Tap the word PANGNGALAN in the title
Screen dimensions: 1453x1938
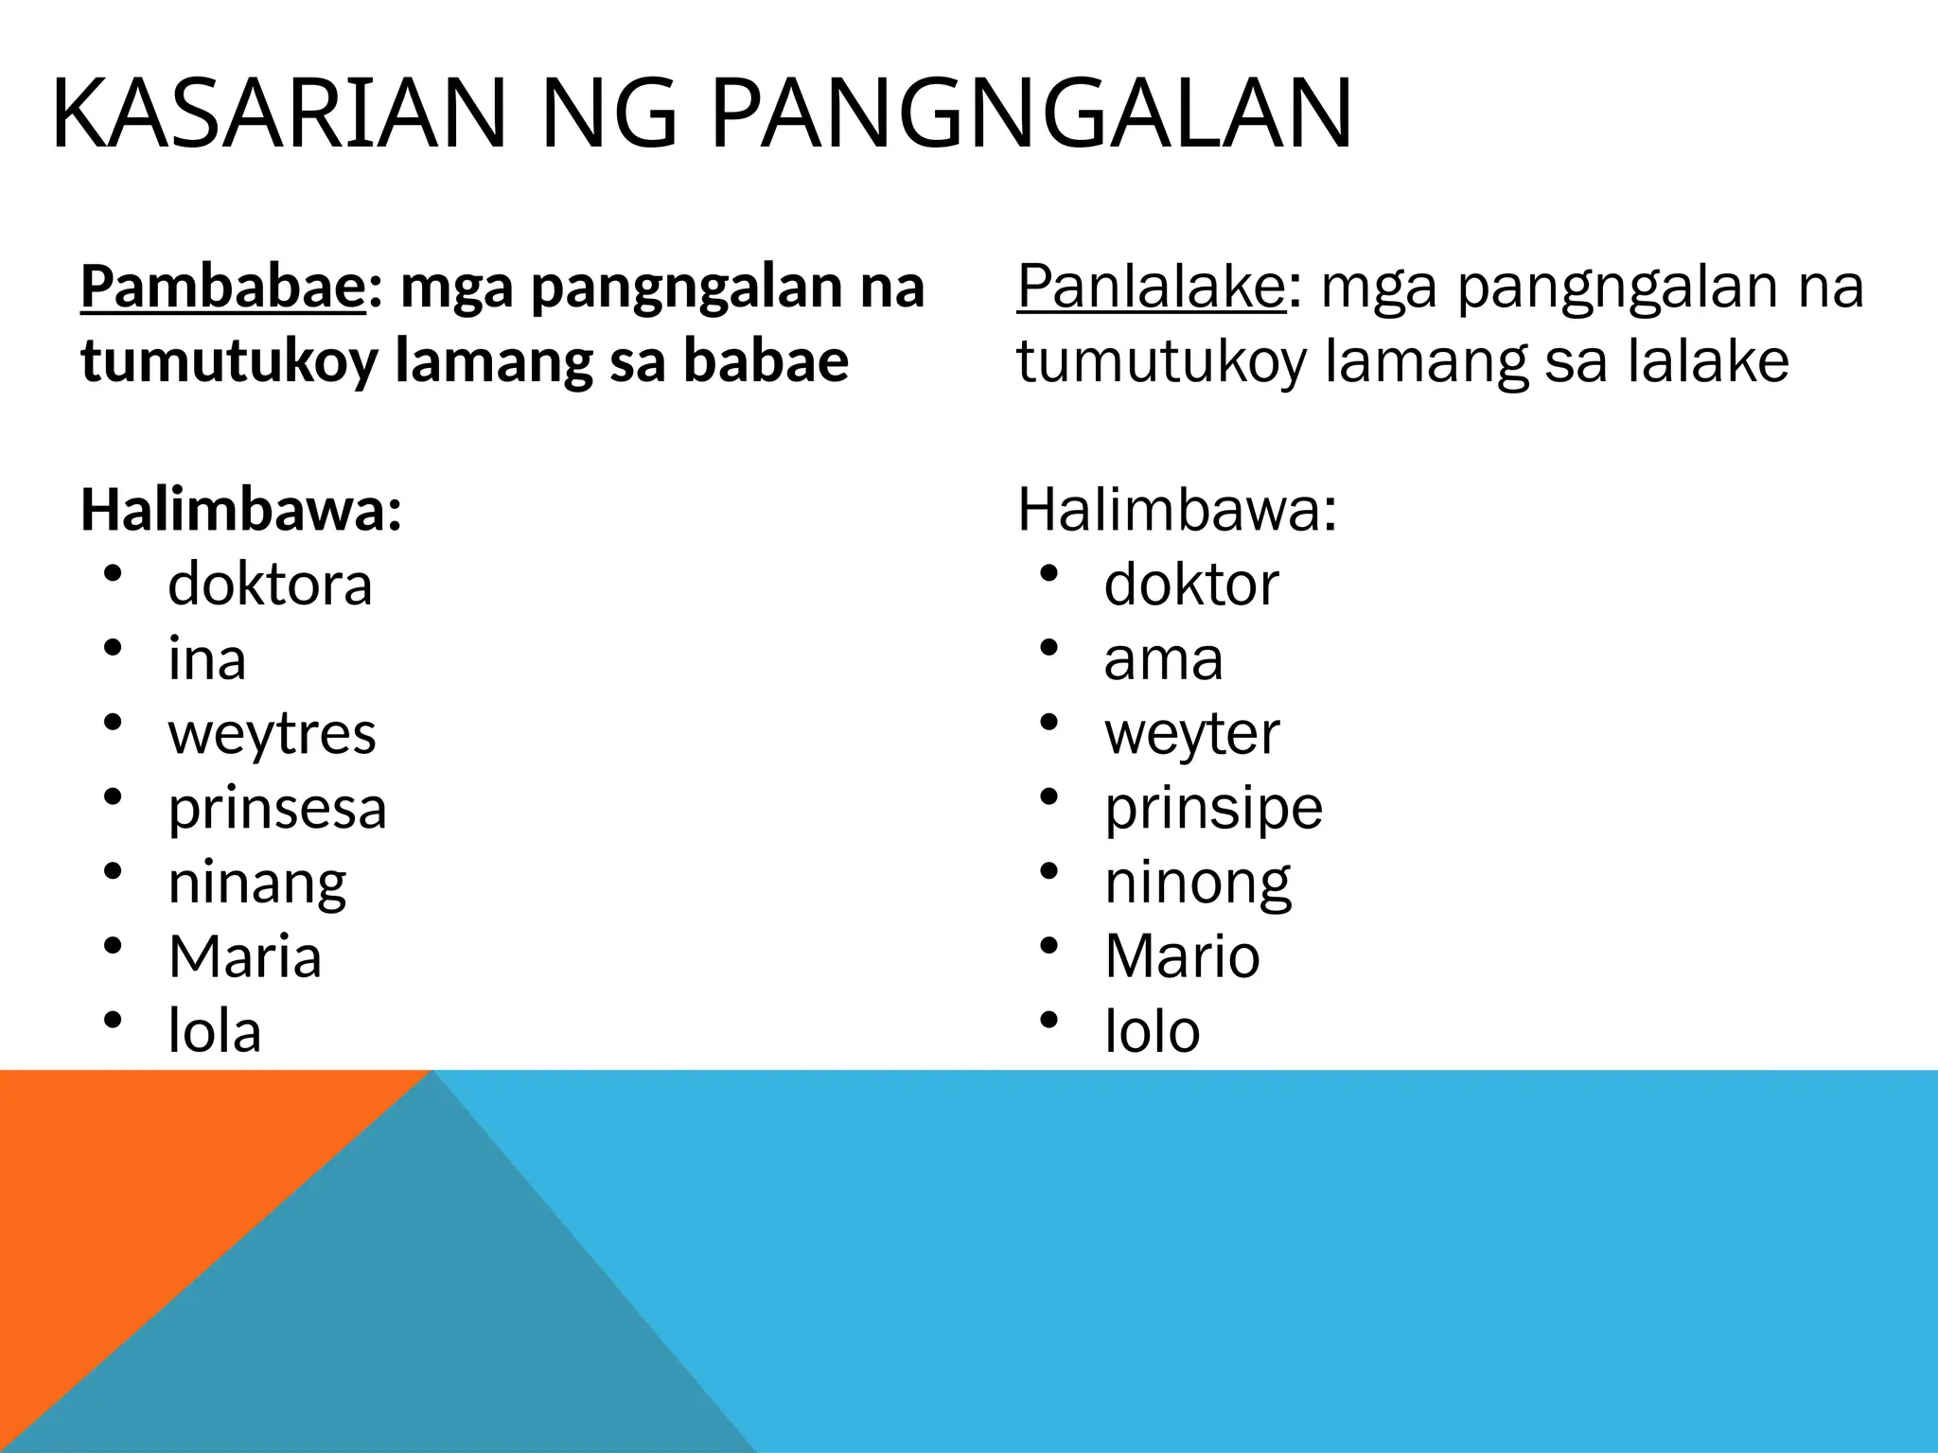(1031, 115)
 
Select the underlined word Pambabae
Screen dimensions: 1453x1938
(222, 288)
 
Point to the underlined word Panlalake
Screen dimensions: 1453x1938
(1152, 288)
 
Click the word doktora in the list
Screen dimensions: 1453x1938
(270, 585)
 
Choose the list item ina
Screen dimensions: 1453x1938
(207, 659)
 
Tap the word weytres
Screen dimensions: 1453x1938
(272, 734)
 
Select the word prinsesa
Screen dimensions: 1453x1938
(277, 809)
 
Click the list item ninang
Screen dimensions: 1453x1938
(256, 884)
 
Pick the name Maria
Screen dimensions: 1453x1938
(245, 956)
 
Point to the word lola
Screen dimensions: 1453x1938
(215, 1031)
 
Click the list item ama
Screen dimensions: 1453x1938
(1163, 659)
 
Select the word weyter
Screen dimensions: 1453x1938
(1191, 734)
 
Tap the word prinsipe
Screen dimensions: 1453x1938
(1213, 809)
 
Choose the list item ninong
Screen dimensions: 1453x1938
(1197, 884)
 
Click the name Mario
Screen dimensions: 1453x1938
(1182, 956)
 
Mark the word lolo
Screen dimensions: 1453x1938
(1153, 1031)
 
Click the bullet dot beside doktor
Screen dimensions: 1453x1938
(1048, 575)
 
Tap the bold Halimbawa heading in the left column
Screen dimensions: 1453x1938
(241, 511)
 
